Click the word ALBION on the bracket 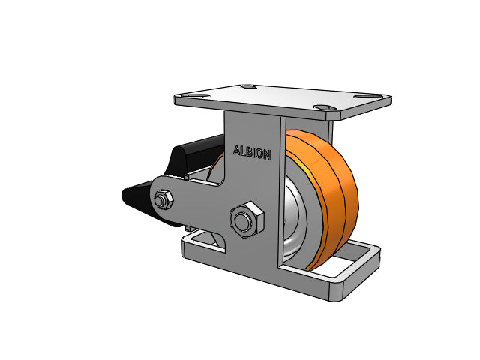[x=252, y=152]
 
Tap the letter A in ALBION [x=236, y=150]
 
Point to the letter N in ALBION [x=267, y=155]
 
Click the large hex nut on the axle [x=247, y=220]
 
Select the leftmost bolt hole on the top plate [x=195, y=96]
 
